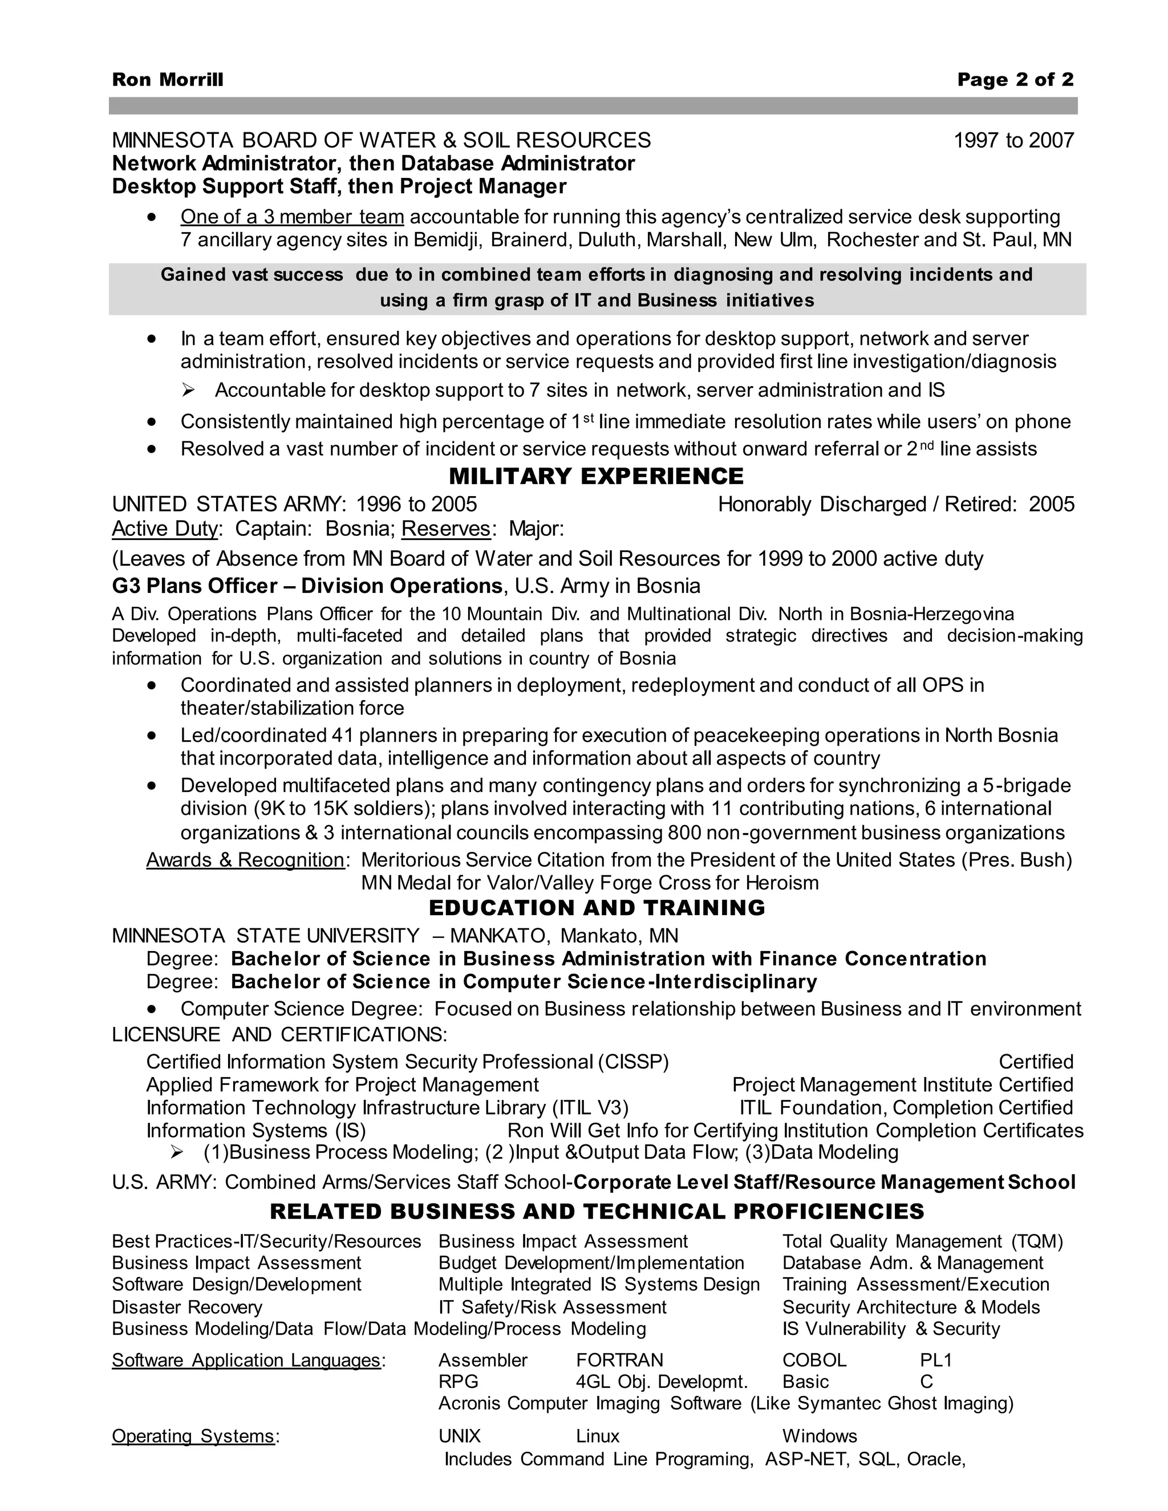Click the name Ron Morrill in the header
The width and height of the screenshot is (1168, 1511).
pyautogui.click(x=168, y=80)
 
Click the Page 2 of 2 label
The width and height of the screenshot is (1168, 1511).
pyautogui.click(x=1015, y=80)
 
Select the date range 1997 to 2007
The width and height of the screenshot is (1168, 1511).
pyautogui.click(x=1013, y=140)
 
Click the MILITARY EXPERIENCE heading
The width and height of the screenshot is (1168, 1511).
pyautogui.click(x=596, y=476)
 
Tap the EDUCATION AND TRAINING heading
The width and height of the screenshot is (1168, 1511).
pyautogui.click(x=597, y=907)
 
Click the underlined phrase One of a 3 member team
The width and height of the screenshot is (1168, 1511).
pyautogui.click(x=292, y=217)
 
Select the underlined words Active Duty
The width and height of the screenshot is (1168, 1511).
pyautogui.click(x=165, y=529)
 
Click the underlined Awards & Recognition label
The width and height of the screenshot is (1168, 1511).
pyautogui.click(x=245, y=859)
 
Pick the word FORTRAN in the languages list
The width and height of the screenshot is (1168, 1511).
pyautogui.click(x=619, y=1359)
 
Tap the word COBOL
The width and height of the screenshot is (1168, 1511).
pyautogui.click(x=814, y=1359)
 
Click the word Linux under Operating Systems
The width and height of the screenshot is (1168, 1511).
pyautogui.click(x=597, y=1436)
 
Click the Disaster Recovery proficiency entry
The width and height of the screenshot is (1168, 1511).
pyautogui.click(x=187, y=1307)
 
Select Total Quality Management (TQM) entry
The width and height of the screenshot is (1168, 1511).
pyautogui.click(x=922, y=1241)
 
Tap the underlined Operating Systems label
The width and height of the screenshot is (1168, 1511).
pyautogui.click(x=193, y=1436)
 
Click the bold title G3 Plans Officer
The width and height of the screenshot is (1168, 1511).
pyautogui.click(x=194, y=586)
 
